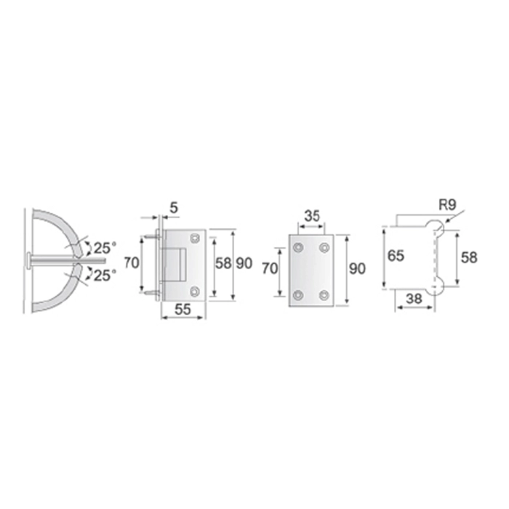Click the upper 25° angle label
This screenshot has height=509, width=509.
tap(105, 249)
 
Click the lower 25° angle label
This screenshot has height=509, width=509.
tap(105, 276)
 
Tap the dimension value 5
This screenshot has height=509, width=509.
tap(174, 208)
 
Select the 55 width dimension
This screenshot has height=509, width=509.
tap(183, 309)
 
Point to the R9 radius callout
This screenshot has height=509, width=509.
tap(448, 205)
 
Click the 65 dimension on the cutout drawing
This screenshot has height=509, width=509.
tap(396, 256)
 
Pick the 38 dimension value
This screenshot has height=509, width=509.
tap(414, 299)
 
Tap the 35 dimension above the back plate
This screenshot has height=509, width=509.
tap(312, 216)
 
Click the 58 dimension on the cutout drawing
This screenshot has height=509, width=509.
tap(469, 257)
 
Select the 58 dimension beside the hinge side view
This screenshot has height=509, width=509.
tap(223, 263)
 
